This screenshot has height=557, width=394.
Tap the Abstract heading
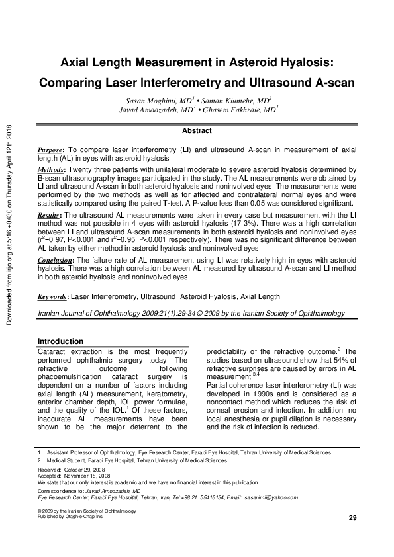[x=197, y=131]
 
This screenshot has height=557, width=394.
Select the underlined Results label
[x=50, y=216]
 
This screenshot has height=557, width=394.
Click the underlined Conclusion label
[x=56, y=261]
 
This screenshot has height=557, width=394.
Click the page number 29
[x=352, y=517]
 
